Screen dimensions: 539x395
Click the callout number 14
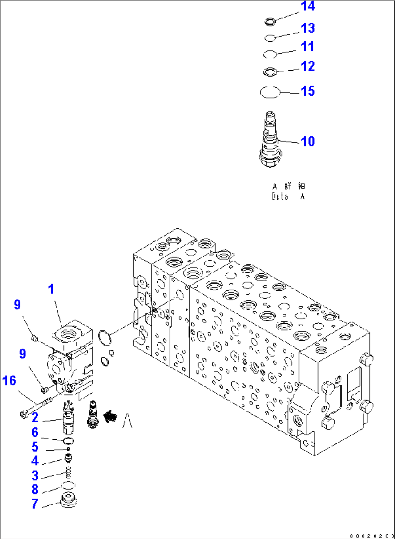click(x=308, y=6)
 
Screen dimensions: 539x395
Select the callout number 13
click(x=308, y=28)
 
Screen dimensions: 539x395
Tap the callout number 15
click(x=308, y=91)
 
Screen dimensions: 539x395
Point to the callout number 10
click(x=308, y=141)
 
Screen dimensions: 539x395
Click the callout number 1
click(x=51, y=289)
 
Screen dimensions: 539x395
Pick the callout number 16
click(x=9, y=381)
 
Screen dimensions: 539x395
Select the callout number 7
click(x=35, y=503)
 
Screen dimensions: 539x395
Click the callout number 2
click(x=35, y=418)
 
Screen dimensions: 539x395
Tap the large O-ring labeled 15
click(x=270, y=92)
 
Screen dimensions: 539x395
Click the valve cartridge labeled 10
click(x=270, y=141)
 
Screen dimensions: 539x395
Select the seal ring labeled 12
click(x=270, y=72)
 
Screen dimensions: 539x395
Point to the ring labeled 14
click(x=270, y=22)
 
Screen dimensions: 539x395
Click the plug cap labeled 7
click(x=68, y=501)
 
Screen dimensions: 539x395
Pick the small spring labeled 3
click(x=69, y=473)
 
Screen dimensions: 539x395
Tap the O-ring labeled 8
click(x=68, y=485)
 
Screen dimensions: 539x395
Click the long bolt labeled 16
click(x=36, y=407)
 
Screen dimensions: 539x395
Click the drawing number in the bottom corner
click(x=372, y=535)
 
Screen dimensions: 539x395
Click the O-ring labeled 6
click(x=68, y=441)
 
